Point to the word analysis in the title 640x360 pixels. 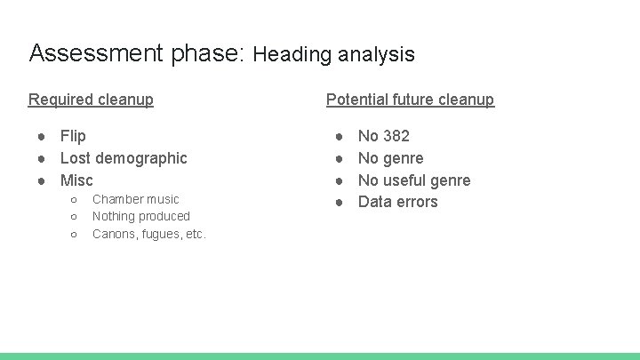pyautogui.click(x=375, y=54)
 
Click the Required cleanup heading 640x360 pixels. pyautogui.click(x=91, y=100)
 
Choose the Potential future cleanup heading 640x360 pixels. pyautogui.click(x=410, y=100)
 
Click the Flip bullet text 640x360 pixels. pyautogui.click(x=73, y=136)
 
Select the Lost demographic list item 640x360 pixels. pyautogui.click(x=124, y=158)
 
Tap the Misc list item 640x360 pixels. pyautogui.click(x=76, y=180)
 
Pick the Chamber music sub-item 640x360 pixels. pyautogui.click(x=135, y=199)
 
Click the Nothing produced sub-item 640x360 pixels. pyautogui.click(x=140, y=216)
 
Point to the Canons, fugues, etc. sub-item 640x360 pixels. pyautogui.click(x=148, y=234)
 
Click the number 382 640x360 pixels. pyautogui.click(x=396, y=136)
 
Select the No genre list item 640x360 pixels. pyautogui.click(x=390, y=158)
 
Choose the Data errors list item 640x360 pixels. pyautogui.click(x=397, y=202)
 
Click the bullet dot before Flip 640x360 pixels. pyautogui.click(x=42, y=136)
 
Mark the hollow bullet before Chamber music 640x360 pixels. pyautogui.click(x=74, y=200)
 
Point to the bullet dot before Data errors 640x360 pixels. pyautogui.click(x=340, y=202)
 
